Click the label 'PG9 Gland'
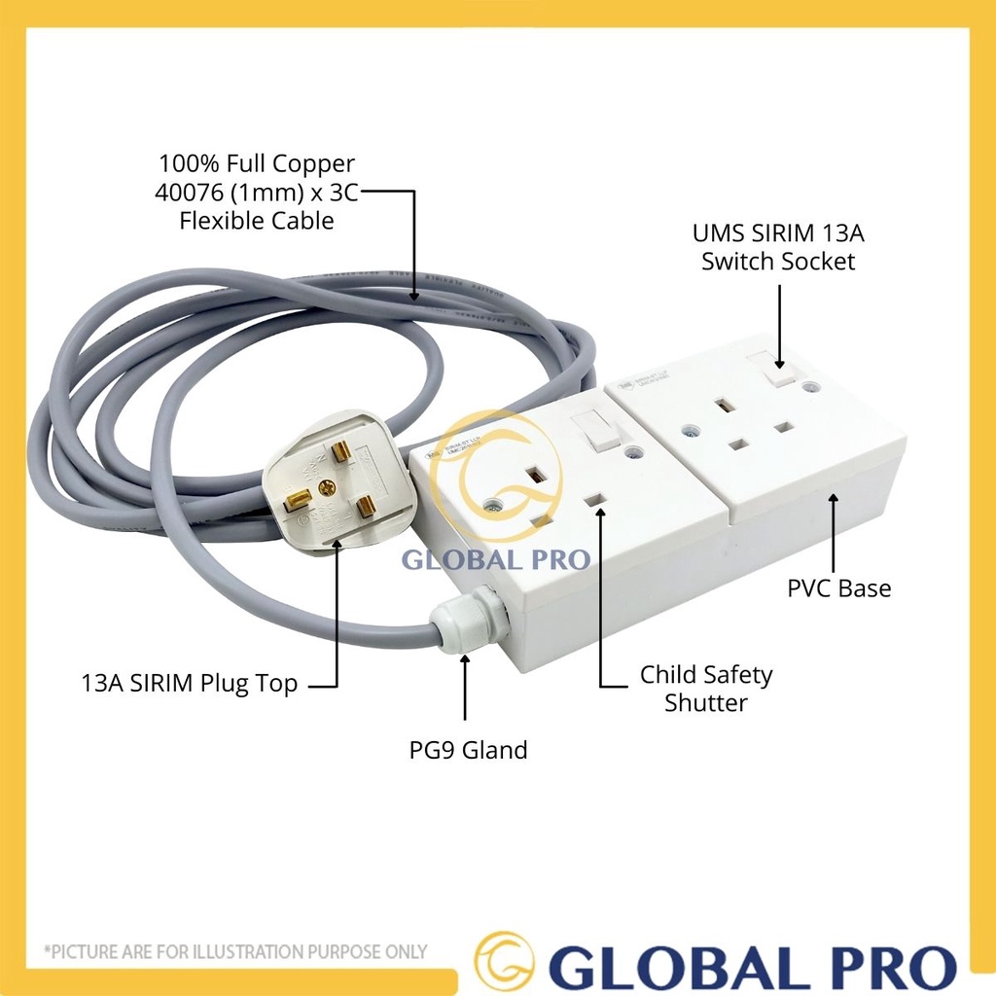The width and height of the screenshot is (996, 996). [x=467, y=750]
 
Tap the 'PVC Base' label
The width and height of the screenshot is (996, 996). [x=838, y=588]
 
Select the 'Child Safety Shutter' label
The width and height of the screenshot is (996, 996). [x=705, y=688]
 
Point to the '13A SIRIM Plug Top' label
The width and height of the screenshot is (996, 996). [x=189, y=684]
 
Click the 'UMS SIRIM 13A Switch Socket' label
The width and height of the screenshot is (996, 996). [x=778, y=247]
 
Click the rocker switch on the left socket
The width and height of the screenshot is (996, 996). [x=594, y=429]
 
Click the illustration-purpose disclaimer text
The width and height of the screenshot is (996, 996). [x=235, y=951]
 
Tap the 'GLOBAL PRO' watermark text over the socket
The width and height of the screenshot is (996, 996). [x=497, y=560]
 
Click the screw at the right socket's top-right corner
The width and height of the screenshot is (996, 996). [x=812, y=387]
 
